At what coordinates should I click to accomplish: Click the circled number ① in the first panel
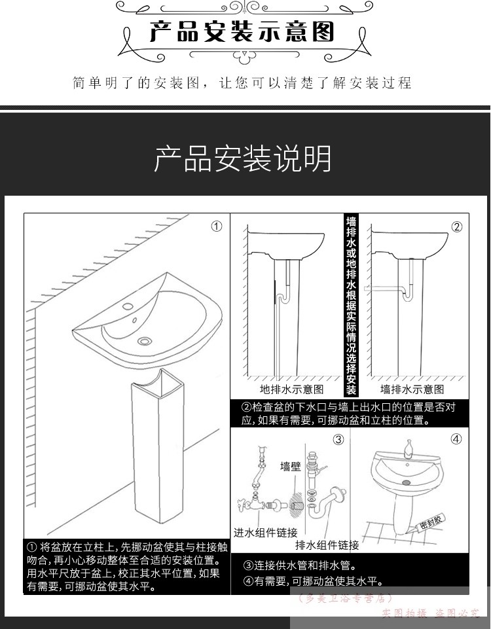point(217,226)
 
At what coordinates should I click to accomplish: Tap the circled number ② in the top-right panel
point(457,227)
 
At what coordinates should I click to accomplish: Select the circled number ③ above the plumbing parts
point(339,440)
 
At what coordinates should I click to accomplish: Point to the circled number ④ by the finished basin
point(456,439)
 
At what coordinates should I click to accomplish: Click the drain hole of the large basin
point(145,341)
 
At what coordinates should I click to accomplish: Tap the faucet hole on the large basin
point(128,307)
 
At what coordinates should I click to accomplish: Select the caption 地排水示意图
point(291,389)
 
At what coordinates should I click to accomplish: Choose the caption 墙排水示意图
point(412,389)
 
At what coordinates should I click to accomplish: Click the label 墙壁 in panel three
point(291,467)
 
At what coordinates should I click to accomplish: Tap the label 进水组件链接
point(266,533)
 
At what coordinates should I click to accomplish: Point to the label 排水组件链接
point(327,545)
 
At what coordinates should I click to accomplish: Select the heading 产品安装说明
point(243,159)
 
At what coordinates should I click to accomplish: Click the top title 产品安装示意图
point(242,32)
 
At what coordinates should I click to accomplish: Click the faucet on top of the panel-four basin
point(409,448)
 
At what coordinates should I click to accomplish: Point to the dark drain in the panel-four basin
point(407,483)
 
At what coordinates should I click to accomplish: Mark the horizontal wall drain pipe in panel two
point(383,289)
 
